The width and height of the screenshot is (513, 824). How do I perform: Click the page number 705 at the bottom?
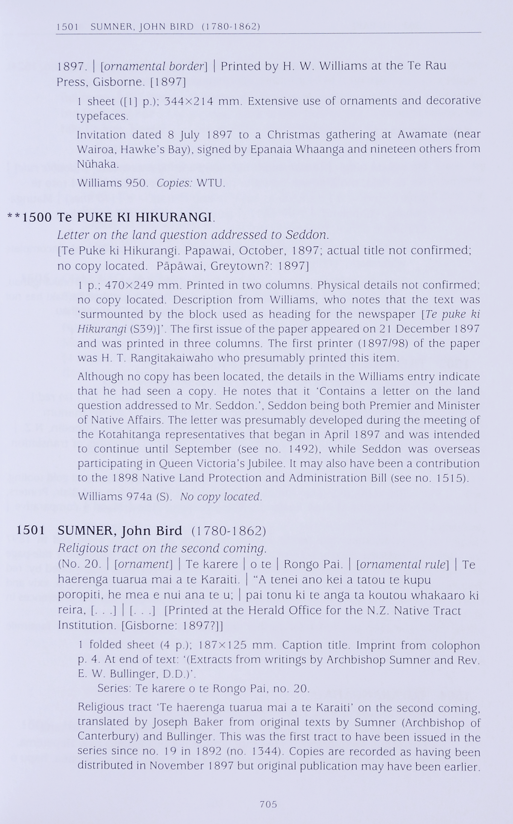click(268, 804)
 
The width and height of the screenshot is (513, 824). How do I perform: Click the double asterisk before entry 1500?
click(14, 217)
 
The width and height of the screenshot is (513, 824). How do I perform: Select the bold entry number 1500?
click(37, 217)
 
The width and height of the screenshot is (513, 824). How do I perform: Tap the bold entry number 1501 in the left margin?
click(30, 530)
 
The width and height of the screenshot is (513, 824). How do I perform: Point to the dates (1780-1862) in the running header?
click(231, 27)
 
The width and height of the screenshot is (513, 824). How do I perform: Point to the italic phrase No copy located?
click(221, 497)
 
